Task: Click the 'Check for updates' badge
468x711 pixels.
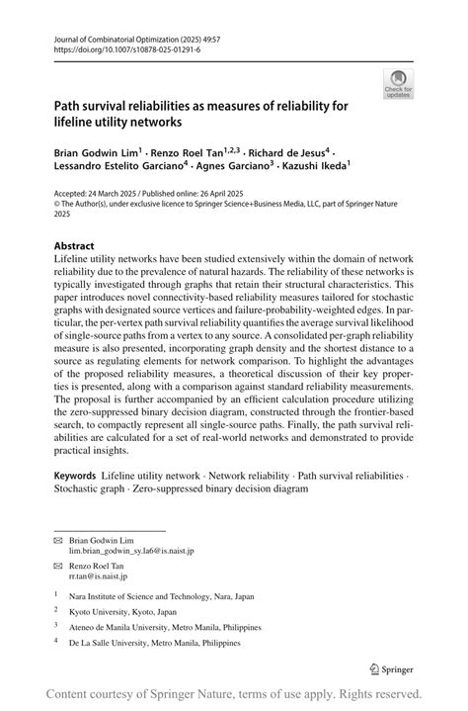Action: [400, 83]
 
